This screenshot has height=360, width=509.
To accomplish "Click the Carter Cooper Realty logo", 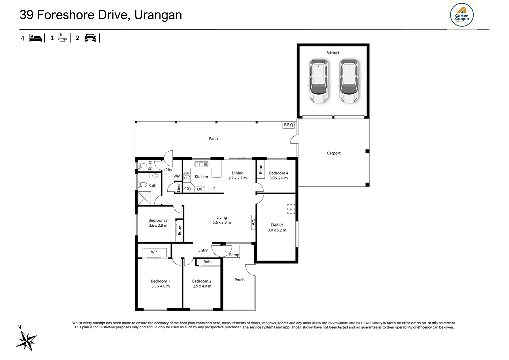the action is coord(462,15).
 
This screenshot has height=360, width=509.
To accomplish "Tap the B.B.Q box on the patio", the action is coord(288,125).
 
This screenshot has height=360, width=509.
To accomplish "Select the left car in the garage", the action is coord(318,81).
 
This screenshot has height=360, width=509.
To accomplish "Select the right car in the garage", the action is coord(349,81).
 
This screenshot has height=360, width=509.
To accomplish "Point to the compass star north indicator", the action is coord(27,340).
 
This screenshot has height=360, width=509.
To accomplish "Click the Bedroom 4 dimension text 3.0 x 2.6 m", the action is coord(278,178).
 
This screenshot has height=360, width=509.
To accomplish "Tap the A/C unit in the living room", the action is coord(254,222).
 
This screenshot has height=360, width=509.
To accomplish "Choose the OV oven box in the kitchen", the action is coord(200,189).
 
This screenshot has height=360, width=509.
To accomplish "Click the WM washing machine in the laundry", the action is coord(177,176).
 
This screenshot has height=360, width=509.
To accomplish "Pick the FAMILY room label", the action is coord(277,225).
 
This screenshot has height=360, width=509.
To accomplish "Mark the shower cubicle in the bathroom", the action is coord(144,198).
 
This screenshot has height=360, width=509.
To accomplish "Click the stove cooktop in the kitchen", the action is coord(187,176).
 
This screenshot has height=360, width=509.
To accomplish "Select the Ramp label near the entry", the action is coord(234,255).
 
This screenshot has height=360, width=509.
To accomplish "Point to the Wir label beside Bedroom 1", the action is coord(154,252).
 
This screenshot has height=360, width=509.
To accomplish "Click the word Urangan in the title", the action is coord(158,15).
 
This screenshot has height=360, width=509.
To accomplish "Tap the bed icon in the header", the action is coord(36,38).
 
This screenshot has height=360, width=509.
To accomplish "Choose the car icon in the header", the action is coord(90,38).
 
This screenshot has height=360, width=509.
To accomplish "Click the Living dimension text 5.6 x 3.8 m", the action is coord(222,222).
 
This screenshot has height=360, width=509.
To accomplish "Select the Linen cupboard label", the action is coord(179,187).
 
